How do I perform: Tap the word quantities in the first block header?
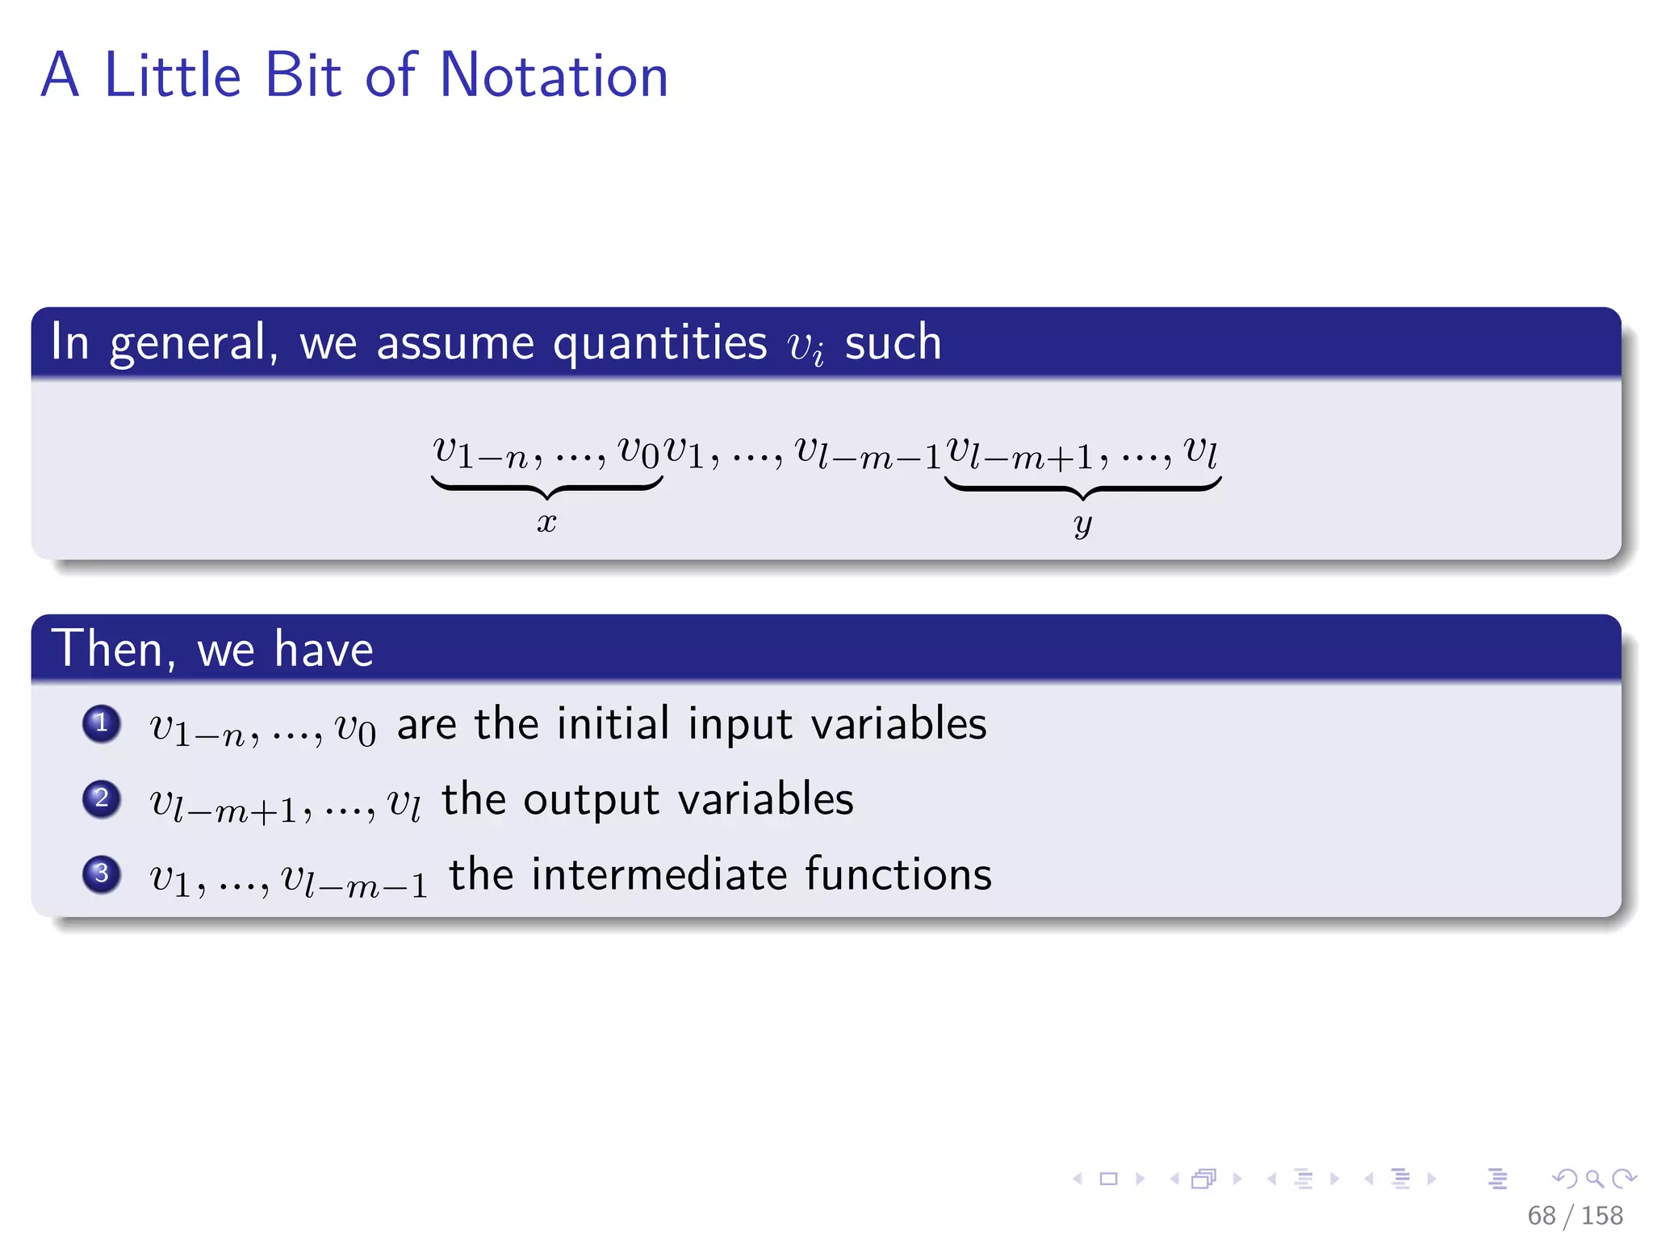click(x=659, y=342)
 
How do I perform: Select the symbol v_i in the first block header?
click(x=806, y=346)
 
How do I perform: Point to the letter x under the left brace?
click(x=546, y=522)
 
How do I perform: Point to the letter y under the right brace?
click(x=1082, y=524)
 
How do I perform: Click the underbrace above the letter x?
click(x=546, y=487)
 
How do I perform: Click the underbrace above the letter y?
click(x=1082, y=487)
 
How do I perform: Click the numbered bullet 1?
click(x=102, y=723)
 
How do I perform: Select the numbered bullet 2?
click(x=102, y=799)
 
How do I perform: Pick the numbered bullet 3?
click(x=102, y=874)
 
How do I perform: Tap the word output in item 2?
click(x=591, y=801)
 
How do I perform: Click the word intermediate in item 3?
click(x=659, y=875)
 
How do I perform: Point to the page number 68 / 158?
click(x=1574, y=1215)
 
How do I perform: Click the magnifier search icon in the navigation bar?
click(x=1594, y=1179)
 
